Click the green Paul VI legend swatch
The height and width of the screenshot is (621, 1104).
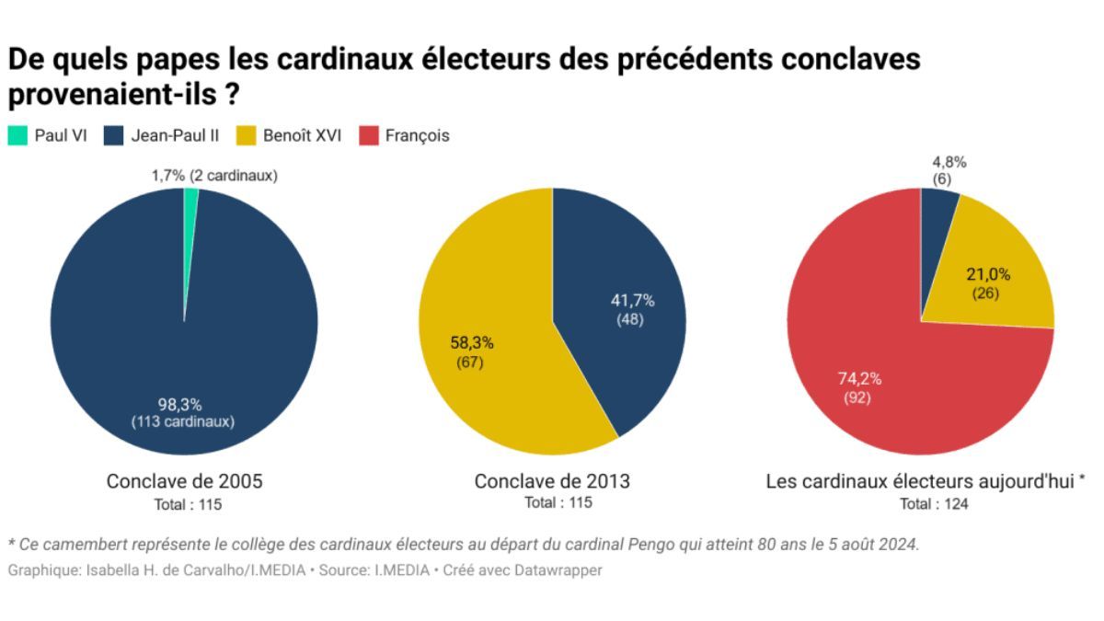(17, 135)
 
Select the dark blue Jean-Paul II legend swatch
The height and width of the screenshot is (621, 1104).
(113, 135)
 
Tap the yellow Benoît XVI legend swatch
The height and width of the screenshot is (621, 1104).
(246, 135)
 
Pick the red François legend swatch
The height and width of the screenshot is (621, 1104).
(369, 135)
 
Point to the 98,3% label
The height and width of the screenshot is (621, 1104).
(180, 405)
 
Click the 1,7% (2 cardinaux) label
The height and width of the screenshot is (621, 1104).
(214, 176)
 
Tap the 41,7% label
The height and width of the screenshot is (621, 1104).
(632, 300)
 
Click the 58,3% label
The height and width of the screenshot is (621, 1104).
(472, 342)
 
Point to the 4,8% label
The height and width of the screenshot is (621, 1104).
(949, 162)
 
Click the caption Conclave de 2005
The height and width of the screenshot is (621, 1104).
(184, 481)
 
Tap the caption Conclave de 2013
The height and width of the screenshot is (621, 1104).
(552, 481)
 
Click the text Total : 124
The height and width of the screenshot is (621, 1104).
(934, 504)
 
